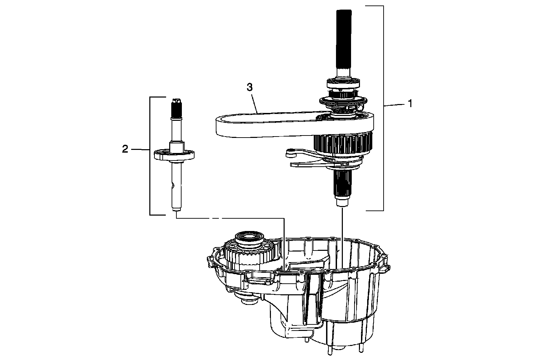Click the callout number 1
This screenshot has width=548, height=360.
[410, 103]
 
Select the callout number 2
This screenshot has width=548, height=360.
[125, 149]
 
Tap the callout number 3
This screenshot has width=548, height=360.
[250, 87]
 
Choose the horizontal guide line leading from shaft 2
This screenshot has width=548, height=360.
[229, 218]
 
